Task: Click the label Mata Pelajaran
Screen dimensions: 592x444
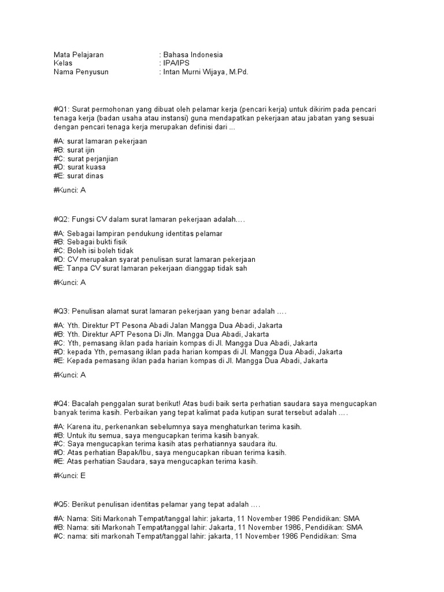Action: tap(78, 55)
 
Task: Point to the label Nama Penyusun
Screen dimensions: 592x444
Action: tap(80, 72)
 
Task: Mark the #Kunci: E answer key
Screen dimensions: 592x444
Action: tap(69, 476)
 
